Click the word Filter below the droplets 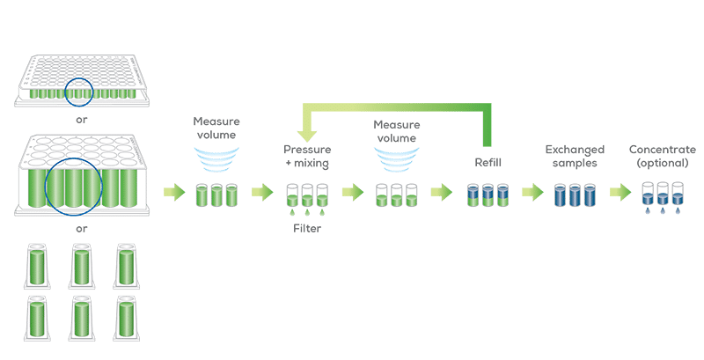(307, 229)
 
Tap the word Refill (488, 163)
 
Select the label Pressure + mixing (307, 156)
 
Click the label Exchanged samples (575, 156)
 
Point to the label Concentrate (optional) (663, 156)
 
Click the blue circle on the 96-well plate (79, 78)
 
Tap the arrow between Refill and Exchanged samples (532, 193)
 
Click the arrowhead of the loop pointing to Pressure (307, 136)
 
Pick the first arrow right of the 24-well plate (174, 193)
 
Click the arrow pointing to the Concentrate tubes (620, 193)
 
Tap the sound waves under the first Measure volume (216, 160)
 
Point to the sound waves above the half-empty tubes (397, 160)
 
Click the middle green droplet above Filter (307, 212)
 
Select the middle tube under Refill (488, 195)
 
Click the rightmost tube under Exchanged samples (590, 195)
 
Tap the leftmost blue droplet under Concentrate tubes (648, 210)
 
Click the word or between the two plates (81, 121)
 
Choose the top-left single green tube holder (37, 266)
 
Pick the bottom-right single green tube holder (126, 318)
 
